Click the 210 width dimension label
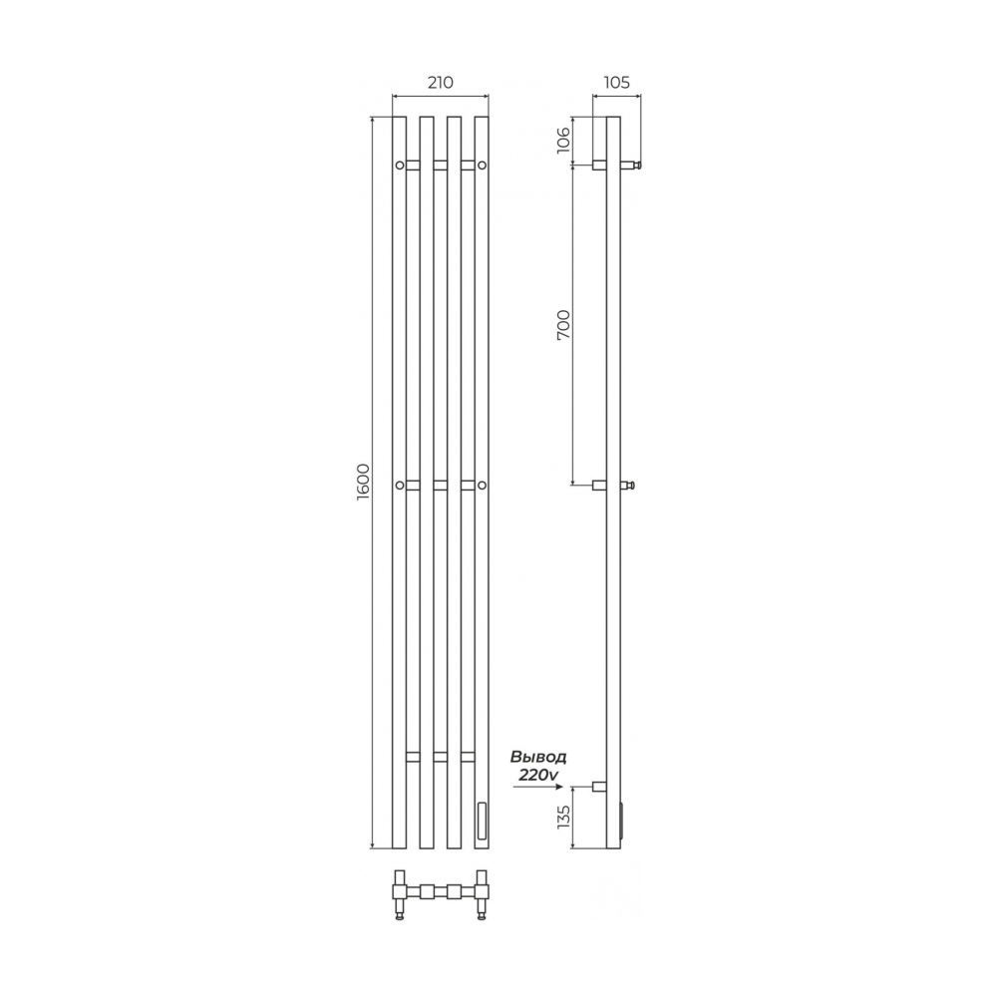pos(440,83)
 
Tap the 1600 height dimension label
pos(363,482)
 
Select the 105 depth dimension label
pos(616,83)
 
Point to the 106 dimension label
pos(563,140)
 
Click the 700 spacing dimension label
pos(563,325)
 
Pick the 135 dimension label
pos(563,817)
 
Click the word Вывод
pos(538,758)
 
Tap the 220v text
pos(538,774)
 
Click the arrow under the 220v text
pos(537,787)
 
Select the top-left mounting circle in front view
pos(400,166)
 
